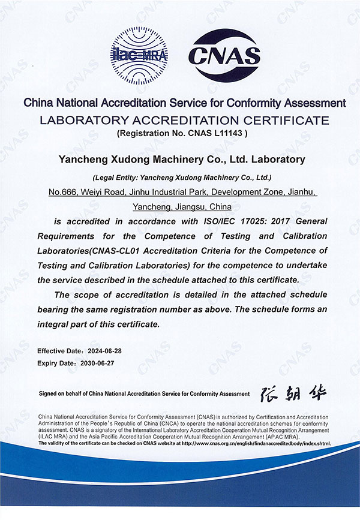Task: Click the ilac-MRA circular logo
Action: click(x=139, y=56)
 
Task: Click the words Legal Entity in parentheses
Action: click(x=116, y=178)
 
